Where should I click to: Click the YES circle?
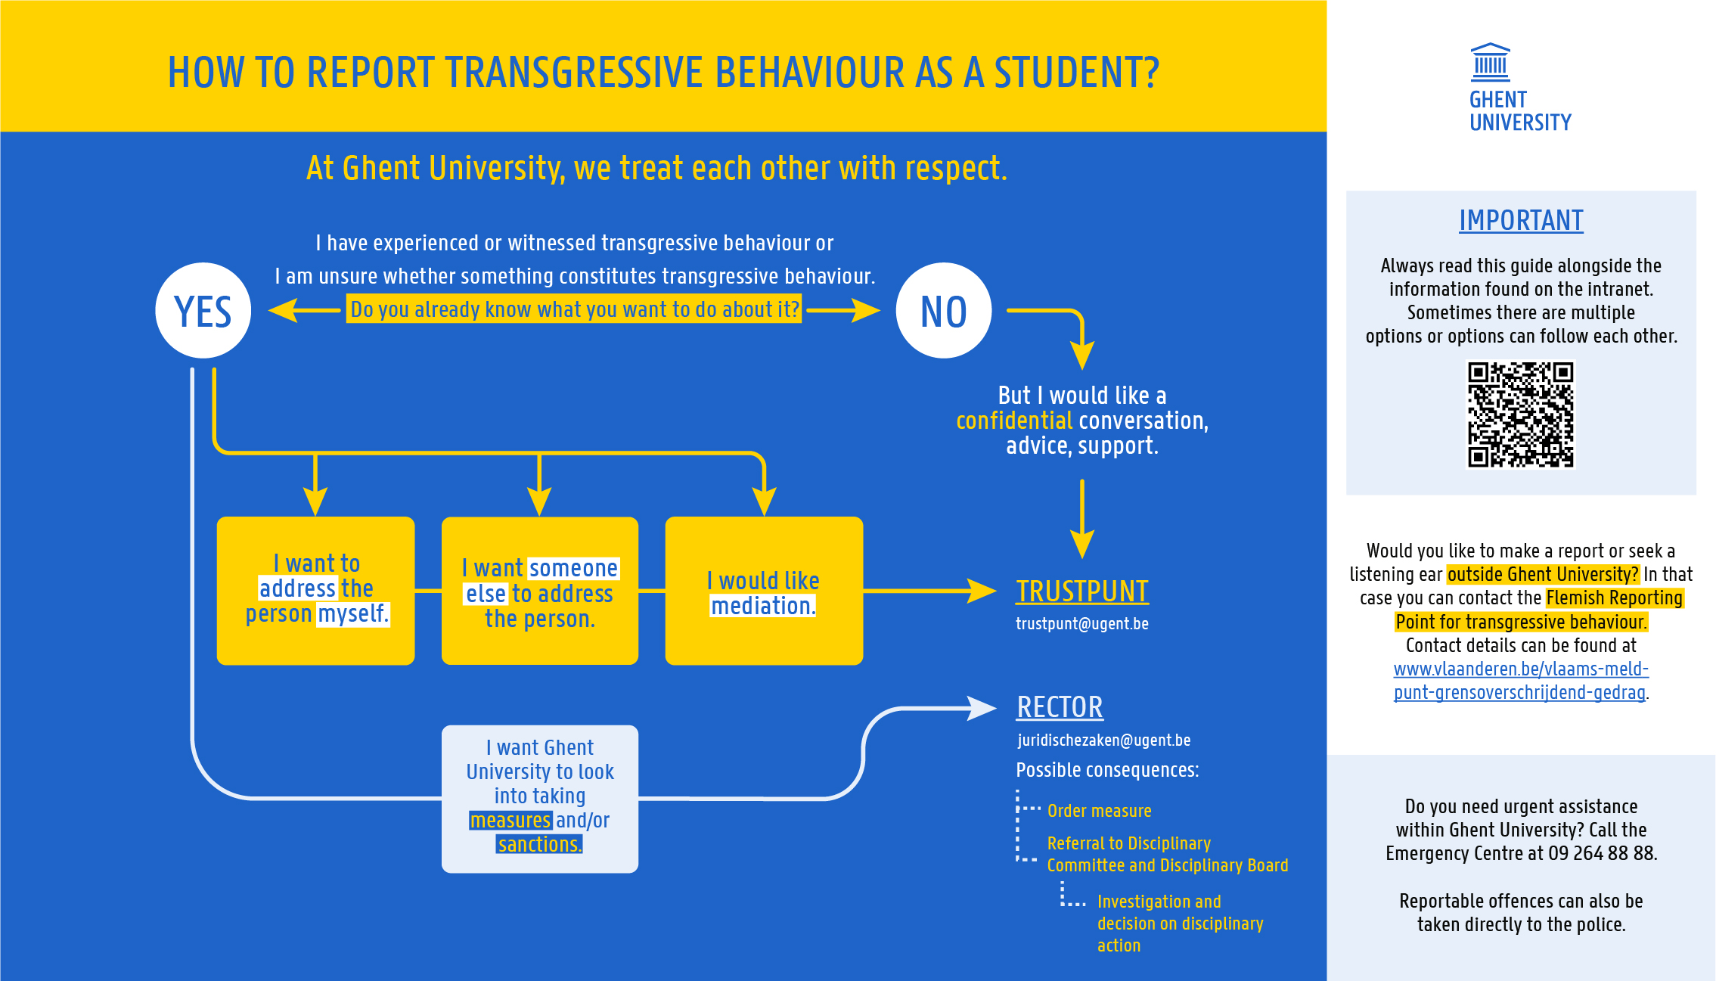(203, 311)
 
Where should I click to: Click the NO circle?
(943, 311)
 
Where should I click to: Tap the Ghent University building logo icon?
(1490, 62)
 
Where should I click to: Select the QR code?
(1520, 414)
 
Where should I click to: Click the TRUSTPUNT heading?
(1081, 591)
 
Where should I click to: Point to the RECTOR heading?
(1060, 707)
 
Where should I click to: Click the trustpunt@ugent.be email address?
(1081, 624)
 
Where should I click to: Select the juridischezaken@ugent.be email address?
(1103, 740)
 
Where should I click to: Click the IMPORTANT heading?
(1521, 220)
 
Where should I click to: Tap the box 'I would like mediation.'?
(764, 591)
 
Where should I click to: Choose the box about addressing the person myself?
(315, 591)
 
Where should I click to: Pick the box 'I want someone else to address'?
(539, 591)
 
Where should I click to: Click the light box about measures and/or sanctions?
(539, 799)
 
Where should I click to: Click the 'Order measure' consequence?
(1099, 811)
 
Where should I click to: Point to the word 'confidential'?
(1013, 421)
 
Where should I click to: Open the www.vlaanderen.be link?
(1520, 680)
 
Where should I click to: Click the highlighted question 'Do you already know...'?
(574, 309)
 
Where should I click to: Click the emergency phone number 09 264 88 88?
(1601, 853)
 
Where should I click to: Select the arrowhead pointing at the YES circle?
(282, 309)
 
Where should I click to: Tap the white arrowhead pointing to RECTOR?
(982, 708)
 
